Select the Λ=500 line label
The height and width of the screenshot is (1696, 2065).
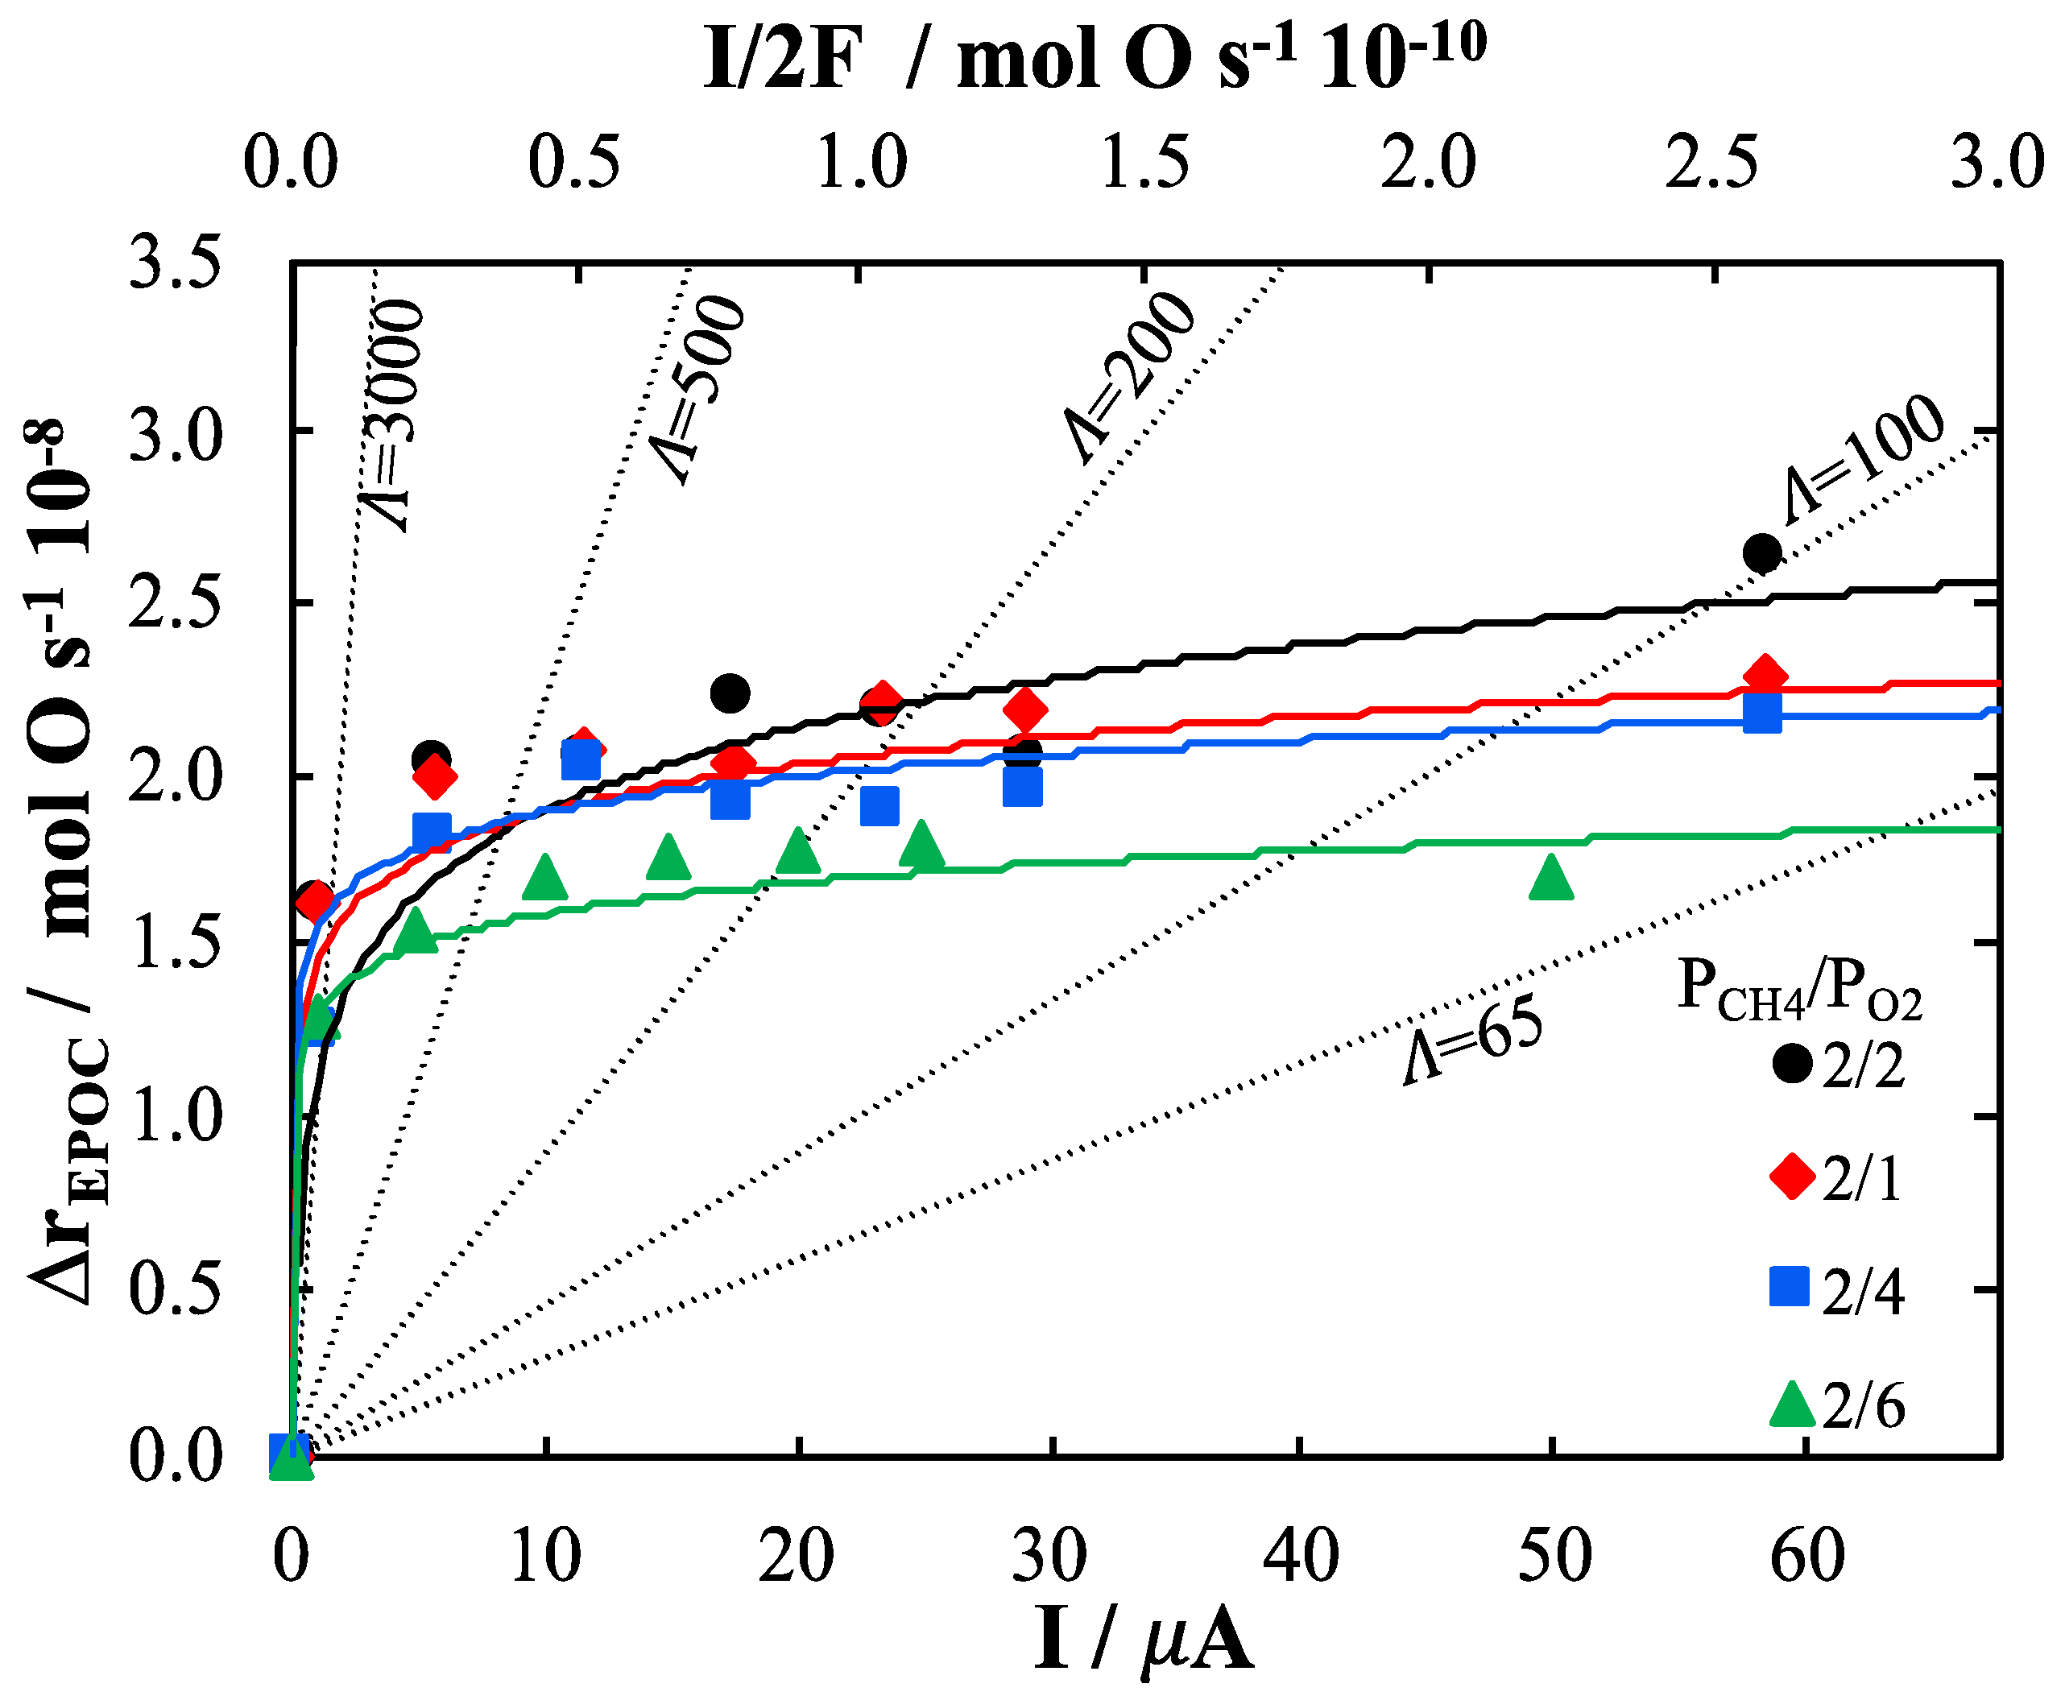click(x=697, y=390)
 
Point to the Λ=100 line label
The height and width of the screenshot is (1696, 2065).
click(x=1861, y=458)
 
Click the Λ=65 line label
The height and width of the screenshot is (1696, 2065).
click(x=1473, y=1040)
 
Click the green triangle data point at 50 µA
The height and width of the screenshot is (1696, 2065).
click(x=1551, y=876)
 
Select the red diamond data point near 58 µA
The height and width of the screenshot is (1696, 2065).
click(x=1764, y=676)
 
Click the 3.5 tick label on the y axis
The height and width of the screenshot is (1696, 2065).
click(x=174, y=264)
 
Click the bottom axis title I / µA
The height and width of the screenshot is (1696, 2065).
click(x=1142, y=1641)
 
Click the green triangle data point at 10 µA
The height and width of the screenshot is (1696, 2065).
click(x=545, y=876)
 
